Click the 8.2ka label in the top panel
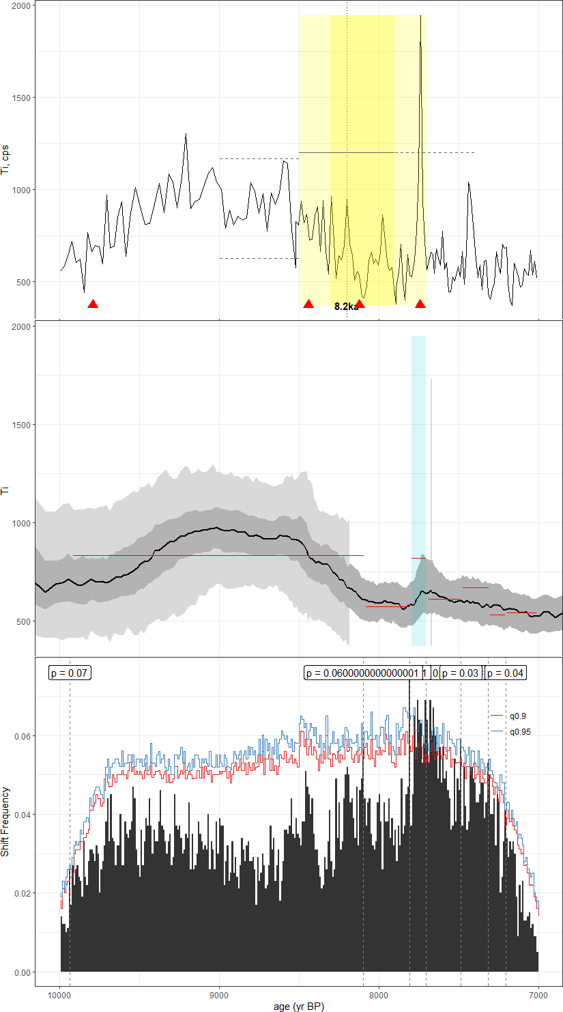click(x=346, y=307)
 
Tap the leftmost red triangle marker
click(x=93, y=304)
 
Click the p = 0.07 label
click(x=70, y=673)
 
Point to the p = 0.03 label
click(x=460, y=673)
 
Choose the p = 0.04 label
click(x=505, y=673)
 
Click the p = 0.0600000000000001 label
click(x=362, y=673)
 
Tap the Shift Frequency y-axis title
click(x=6, y=821)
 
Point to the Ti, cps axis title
click(x=6, y=154)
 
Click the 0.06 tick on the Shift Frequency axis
click(x=22, y=736)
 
